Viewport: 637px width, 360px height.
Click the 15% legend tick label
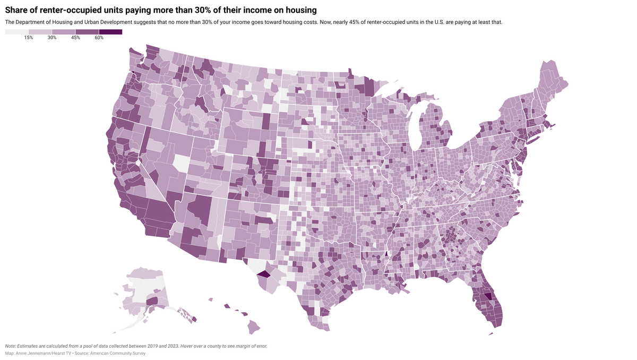[x=29, y=38]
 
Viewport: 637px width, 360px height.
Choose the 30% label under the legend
[x=52, y=38]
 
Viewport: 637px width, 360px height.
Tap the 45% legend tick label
[x=75, y=38]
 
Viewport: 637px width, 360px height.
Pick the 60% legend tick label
[x=99, y=38]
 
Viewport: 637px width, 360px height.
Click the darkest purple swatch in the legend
[x=110, y=32]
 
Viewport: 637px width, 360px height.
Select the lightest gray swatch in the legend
[x=17, y=32]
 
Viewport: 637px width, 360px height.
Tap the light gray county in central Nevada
[x=180, y=163]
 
